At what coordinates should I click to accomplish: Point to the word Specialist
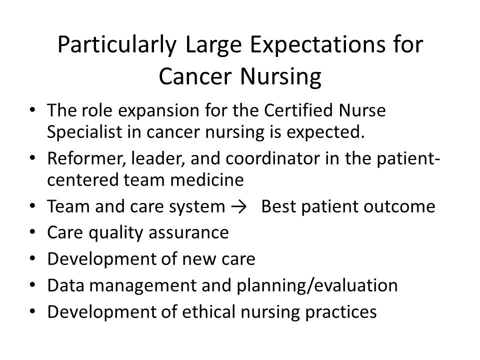84,132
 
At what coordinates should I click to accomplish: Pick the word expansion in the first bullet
159,111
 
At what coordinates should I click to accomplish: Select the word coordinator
272,158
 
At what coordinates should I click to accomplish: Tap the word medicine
206,179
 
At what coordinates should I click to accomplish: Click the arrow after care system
239,207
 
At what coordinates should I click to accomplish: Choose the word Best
278,206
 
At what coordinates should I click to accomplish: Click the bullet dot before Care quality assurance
32,232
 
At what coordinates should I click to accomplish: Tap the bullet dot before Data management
32,284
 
